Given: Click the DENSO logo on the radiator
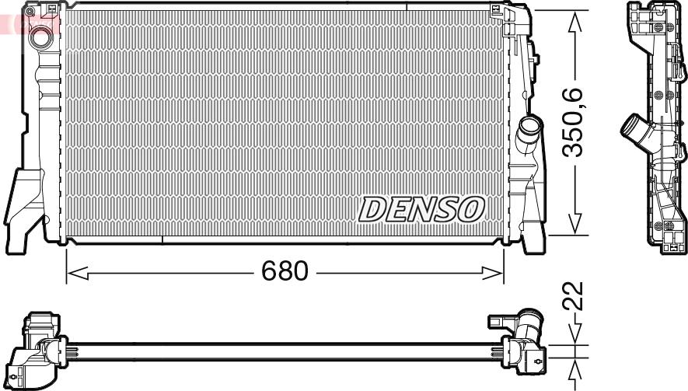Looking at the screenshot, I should point(421,208).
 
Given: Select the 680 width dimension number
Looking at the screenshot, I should point(285,271).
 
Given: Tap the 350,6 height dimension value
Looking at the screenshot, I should point(574,123).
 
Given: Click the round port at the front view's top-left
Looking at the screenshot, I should point(38,35).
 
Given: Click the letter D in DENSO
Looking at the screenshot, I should point(372,208).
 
